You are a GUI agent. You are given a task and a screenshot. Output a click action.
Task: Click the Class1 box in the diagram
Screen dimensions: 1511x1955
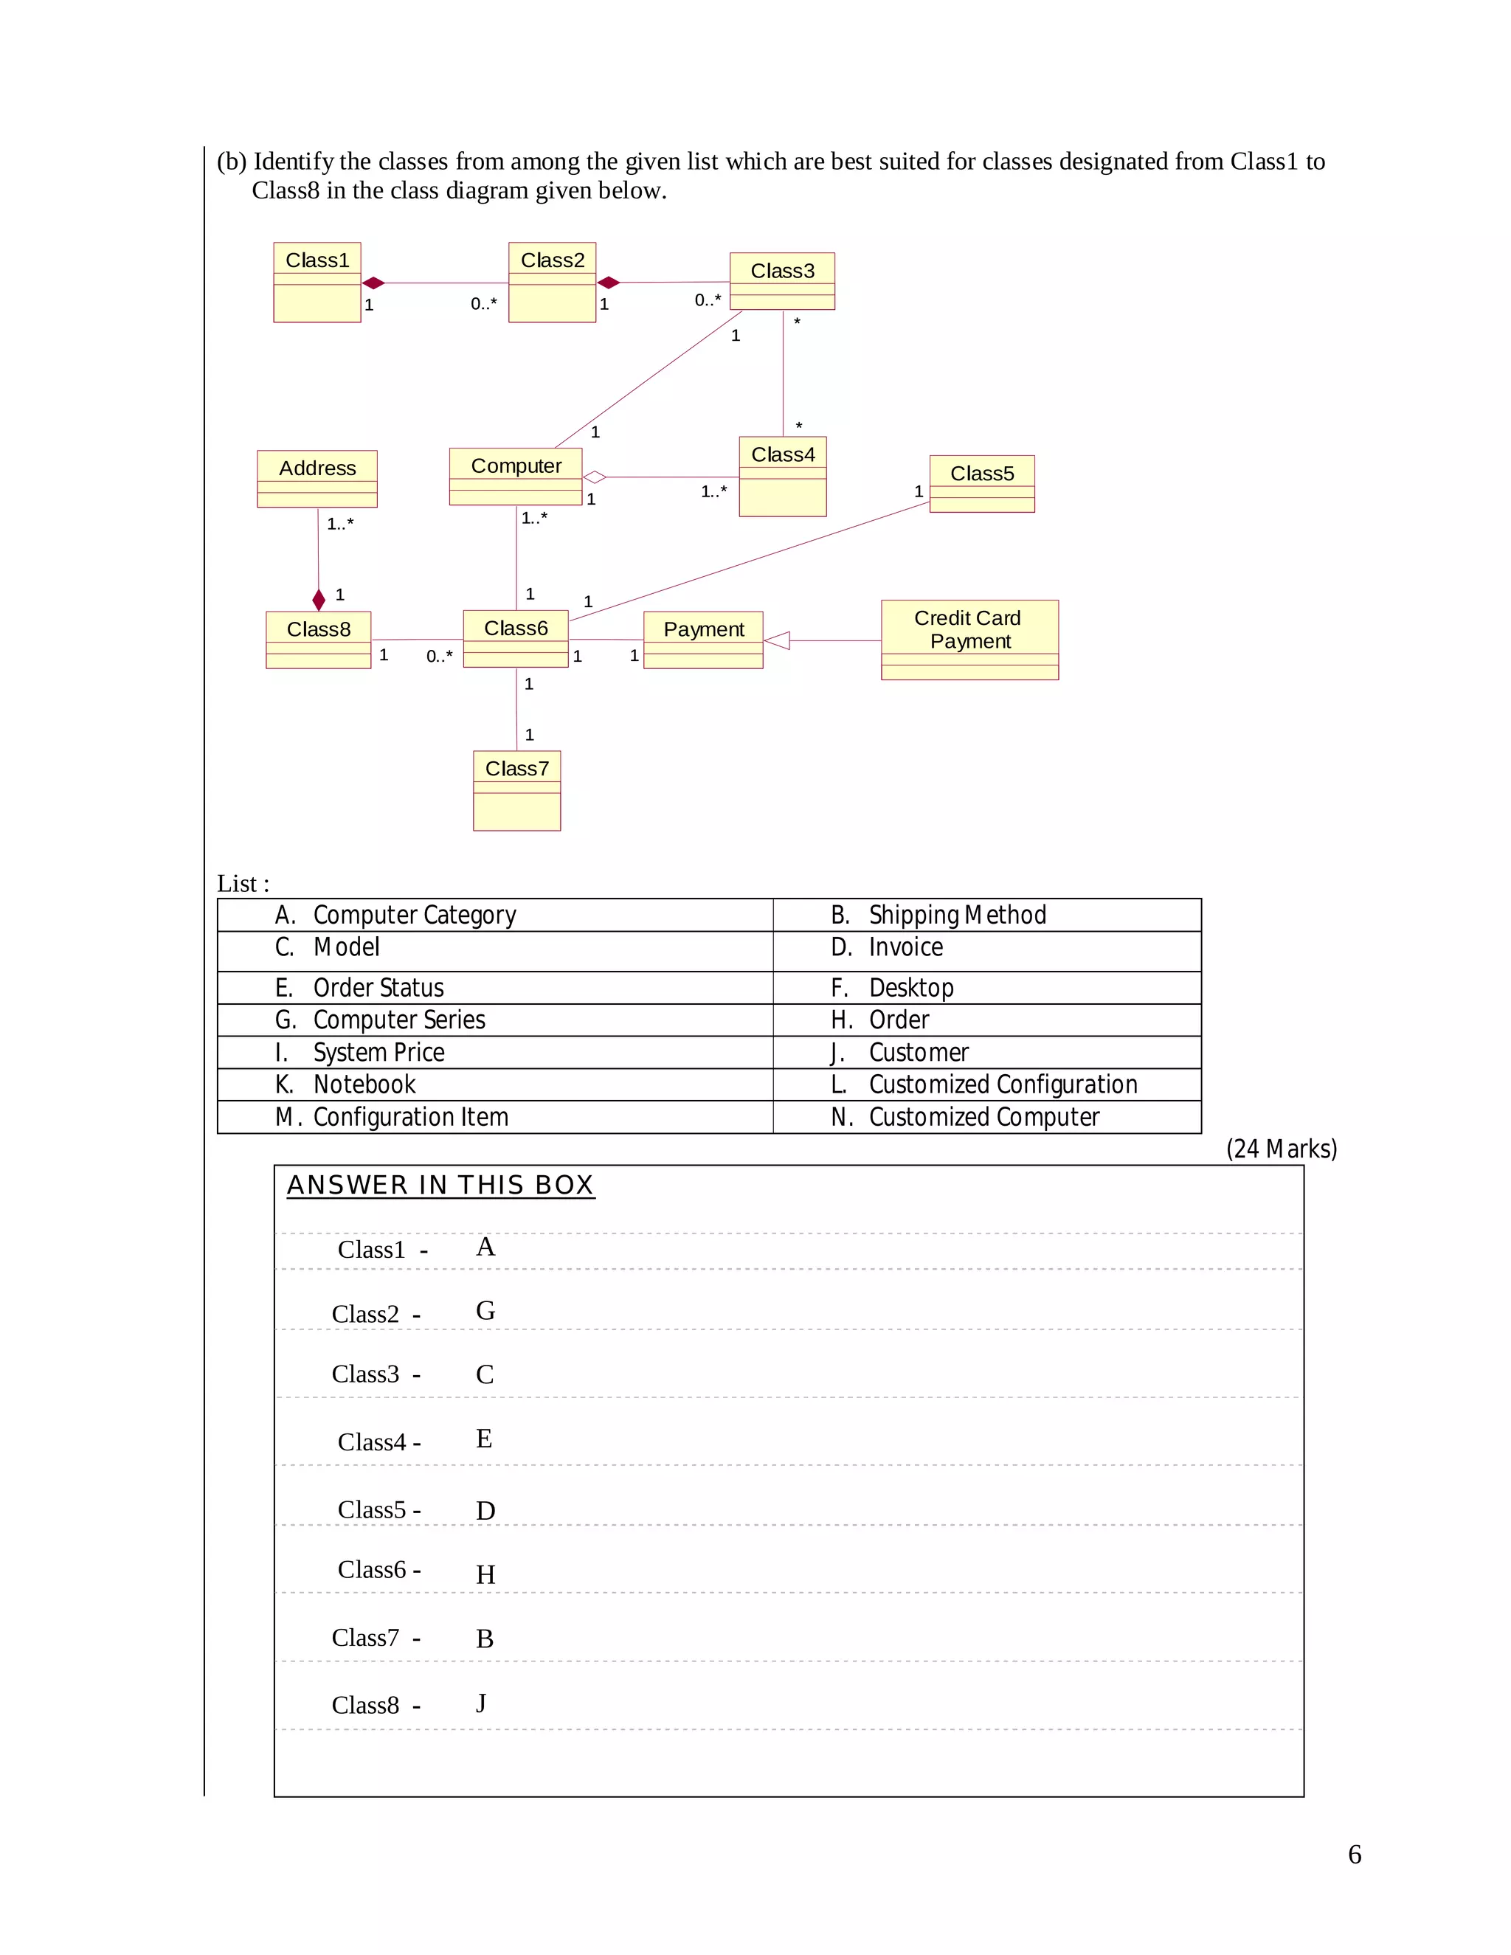[x=317, y=282]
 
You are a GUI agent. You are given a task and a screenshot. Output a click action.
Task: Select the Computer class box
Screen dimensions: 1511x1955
[x=516, y=477]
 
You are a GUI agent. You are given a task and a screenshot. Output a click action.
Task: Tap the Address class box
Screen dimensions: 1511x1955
[x=317, y=478]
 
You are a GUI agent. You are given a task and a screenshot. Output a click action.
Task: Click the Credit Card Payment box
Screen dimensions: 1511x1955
[x=969, y=639]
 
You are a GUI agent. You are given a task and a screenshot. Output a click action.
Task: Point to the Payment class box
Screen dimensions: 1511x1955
[x=702, y=639]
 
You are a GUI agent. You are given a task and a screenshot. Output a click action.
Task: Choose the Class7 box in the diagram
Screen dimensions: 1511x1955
[x=516, y=789]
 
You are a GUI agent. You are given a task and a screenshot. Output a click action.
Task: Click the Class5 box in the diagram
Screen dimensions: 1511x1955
[x=981, y=483]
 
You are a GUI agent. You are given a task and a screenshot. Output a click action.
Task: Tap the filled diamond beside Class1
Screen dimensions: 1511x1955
[x=373, y=283]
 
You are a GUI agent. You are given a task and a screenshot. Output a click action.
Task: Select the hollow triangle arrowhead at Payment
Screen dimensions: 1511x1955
[x=777, y=640]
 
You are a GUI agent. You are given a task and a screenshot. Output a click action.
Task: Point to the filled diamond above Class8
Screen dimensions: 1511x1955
[x=319, y=600]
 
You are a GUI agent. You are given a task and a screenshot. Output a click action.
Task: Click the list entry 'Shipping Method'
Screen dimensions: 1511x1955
[x=957, y=915]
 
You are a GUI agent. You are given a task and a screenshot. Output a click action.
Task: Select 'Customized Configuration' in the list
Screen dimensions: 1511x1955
[x=1003, y=1084]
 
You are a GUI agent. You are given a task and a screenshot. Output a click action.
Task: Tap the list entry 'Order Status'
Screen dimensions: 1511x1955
[x=378, y=987]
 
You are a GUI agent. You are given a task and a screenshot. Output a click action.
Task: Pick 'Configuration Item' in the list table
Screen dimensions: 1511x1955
[x=410, y=1117]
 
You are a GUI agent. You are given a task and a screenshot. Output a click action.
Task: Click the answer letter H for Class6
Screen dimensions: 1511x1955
[x=485, y=1574]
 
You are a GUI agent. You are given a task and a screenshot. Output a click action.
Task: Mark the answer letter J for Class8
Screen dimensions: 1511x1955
[x=482, y=1703]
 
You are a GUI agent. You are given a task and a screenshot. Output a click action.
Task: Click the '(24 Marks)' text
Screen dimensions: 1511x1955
[x=1281, y=1149]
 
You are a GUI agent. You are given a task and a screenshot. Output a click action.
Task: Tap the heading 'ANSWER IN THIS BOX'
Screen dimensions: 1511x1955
[x=440, y=1186]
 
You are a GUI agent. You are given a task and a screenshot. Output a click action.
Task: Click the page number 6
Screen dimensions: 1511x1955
[x=1355, y=1854]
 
